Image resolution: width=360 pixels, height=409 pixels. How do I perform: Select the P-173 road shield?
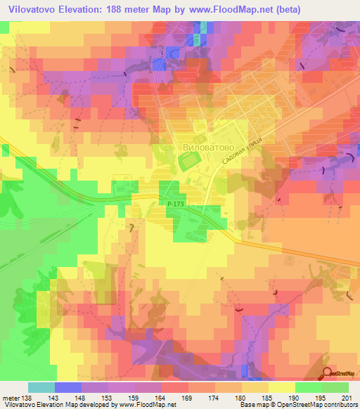pos(176,204)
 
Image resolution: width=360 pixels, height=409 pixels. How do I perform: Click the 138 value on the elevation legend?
pos(27,398)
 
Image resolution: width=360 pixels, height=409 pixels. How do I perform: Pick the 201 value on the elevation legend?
pos(344,398)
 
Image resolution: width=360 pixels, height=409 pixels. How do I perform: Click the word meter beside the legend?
pos(10,398)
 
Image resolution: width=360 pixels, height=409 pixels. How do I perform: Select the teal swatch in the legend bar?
pos(41,388)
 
